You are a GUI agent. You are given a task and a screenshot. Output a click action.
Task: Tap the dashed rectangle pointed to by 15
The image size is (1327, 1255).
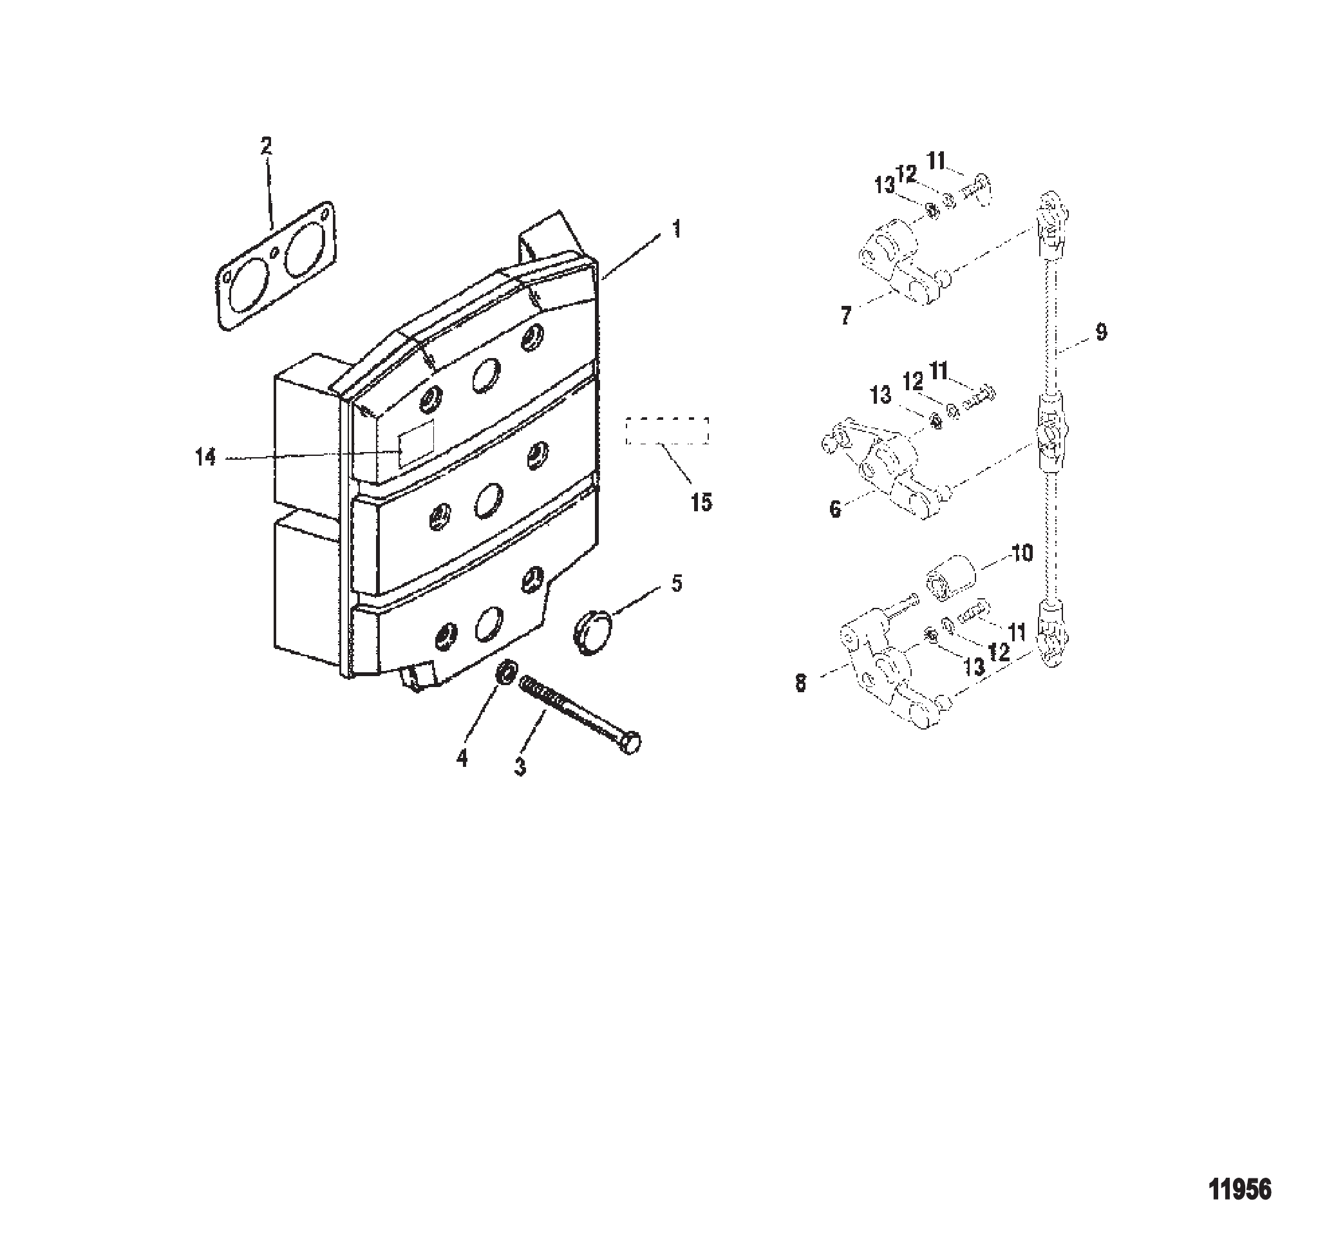click(x=667, y=430)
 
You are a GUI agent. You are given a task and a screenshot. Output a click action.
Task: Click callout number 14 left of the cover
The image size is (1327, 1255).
click(x=205, y=458)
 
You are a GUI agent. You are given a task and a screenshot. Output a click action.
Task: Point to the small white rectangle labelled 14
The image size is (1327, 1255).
click(x=416, y=444)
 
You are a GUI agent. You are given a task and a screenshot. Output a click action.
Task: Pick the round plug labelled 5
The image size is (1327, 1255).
click(x=589, y=632)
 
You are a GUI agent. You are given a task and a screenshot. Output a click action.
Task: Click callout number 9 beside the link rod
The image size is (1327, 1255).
click(x=1101, y=332)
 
